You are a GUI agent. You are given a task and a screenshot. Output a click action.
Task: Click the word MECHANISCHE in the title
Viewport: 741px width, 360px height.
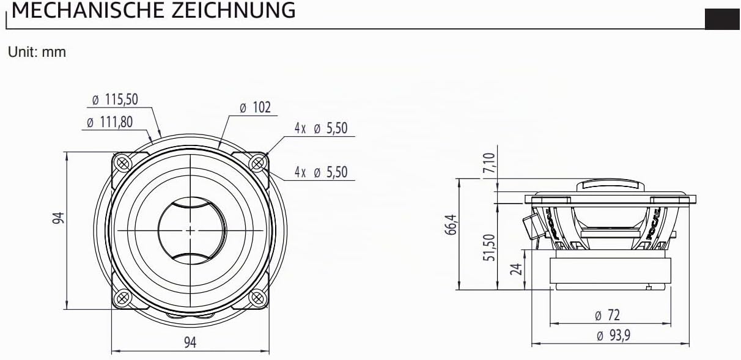coord(88,10)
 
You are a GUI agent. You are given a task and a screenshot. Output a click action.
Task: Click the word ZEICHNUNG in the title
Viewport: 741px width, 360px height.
coord(233,10)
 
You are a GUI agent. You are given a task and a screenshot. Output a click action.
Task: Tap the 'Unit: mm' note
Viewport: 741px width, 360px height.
coord(37,52)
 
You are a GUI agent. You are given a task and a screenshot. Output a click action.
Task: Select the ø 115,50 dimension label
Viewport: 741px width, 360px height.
coord(115,99)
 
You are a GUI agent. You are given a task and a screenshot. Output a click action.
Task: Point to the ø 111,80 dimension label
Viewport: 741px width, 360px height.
coord(109,122)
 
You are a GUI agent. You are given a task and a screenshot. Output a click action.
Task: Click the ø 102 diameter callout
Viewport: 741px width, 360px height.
coord(255,108)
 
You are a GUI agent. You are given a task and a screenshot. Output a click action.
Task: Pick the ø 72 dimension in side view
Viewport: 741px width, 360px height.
coord(607,315)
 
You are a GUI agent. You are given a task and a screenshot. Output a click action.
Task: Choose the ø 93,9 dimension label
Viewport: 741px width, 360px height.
coord(613,336)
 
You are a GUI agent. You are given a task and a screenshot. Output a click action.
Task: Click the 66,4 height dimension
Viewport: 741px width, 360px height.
coord(451,224)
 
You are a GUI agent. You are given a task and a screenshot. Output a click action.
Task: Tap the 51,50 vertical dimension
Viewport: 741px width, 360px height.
coord(489,248)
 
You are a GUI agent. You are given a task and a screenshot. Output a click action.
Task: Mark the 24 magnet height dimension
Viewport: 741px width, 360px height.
coord(516,269)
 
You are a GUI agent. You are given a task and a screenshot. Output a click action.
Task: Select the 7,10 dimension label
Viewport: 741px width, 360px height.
coord(489,163)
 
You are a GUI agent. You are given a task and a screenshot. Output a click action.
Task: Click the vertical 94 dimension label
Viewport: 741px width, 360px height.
coord(58,218)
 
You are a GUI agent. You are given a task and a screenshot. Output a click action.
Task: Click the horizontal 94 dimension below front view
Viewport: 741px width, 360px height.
coord(190,342)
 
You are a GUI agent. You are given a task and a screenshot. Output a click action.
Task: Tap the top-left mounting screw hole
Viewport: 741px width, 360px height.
coord(122,163)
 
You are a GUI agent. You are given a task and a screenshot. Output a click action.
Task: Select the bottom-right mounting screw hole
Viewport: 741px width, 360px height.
coord(257,298)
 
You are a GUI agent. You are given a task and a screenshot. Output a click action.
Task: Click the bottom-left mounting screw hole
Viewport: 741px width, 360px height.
coord(122,298)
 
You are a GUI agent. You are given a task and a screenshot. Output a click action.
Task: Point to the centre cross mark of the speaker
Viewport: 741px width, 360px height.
coord(190,230)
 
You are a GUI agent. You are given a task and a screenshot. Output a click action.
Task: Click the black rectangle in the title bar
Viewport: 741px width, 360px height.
coord(723,19)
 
